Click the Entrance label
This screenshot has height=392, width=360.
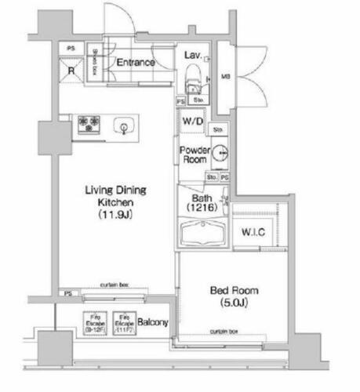pyautogui.click(x=135, y=63)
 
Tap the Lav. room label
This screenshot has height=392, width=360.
pyautogui.click(x=192, y=56)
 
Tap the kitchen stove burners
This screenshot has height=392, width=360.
pyautogui.click(x=88, y=125)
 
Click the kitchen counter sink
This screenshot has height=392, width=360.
pyautogui.click(x=124, y=125)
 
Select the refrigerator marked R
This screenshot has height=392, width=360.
pyautogui.click(x=71, y=69)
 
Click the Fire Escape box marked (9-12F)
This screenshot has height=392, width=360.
pyautogui.click(x=93, y=321)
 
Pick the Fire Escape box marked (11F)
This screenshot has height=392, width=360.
pyautogui.click(x=122, y=321)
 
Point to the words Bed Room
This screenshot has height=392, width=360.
pyautogui.click(x=234, y=290)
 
